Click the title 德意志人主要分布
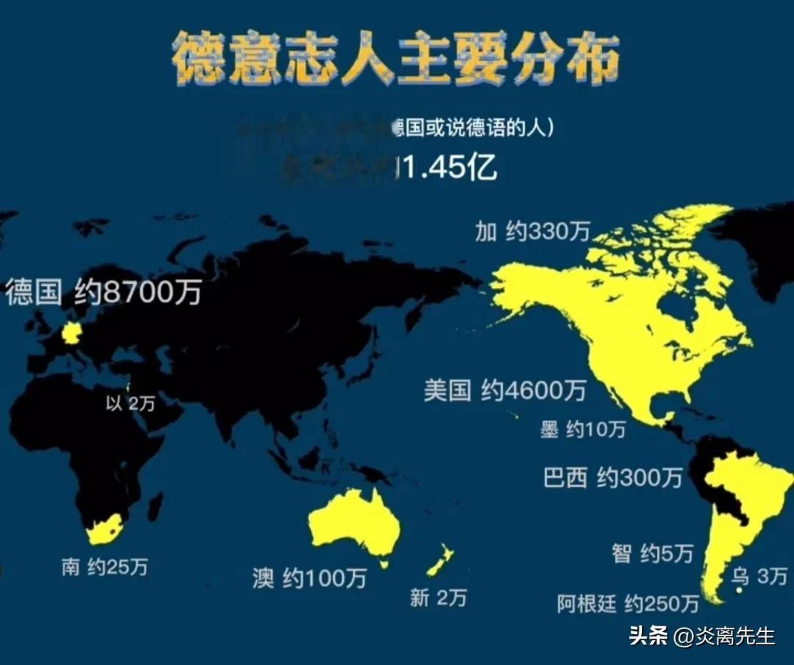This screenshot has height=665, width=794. coord(396,58)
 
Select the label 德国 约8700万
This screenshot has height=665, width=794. coord(103,291)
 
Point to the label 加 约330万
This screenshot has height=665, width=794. coord(532,232)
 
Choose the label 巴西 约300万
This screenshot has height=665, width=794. coord(613,477)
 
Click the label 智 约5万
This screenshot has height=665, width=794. coord(653,554)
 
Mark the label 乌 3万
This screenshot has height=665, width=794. coord(759,576)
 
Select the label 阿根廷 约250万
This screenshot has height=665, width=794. coord(628,604)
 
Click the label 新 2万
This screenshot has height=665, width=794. coord(438,598)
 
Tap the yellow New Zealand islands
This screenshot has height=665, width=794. coord(441,561)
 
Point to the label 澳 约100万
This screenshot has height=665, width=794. coord(310,578)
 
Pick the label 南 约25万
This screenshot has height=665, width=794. coord(104,567)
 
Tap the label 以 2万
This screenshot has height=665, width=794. coord(130,403)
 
